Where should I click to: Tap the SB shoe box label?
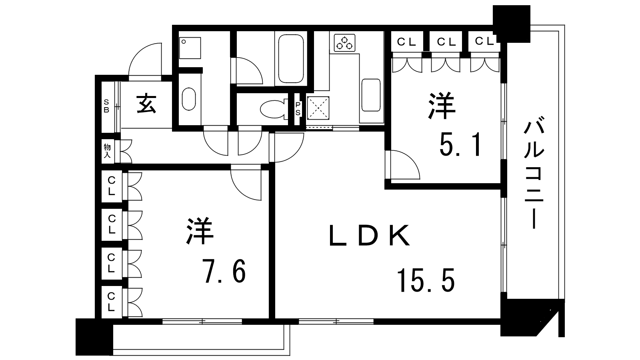click(106, 106)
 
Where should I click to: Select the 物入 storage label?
click(107, 151)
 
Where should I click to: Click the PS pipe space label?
click(298, 108)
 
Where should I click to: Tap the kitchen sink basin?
click(371, 95)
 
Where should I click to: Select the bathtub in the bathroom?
click(292, 58)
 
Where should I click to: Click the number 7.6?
click(224, 272)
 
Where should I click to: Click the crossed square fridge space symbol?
click(318, 108)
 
